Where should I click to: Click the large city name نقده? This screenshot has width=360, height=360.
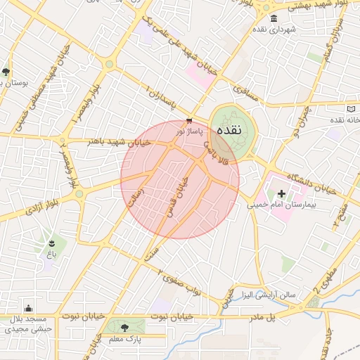230,130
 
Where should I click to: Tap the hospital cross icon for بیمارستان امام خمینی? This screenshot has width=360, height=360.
282,193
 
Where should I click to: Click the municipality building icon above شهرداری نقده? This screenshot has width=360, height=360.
274,18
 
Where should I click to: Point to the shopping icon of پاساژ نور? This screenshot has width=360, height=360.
190,122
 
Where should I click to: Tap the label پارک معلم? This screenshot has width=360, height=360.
125,339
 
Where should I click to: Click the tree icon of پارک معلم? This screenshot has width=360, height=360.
125,328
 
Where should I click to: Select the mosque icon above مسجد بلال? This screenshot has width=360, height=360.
28,308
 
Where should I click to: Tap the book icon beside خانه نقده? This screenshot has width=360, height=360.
352,109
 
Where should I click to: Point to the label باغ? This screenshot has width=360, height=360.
51,255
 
